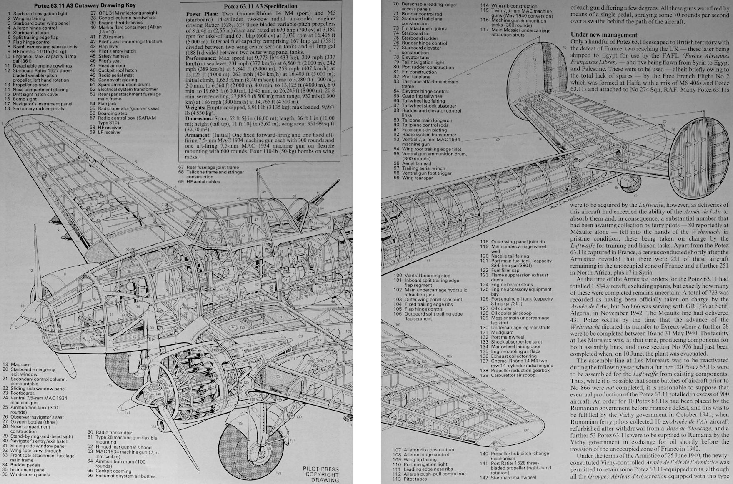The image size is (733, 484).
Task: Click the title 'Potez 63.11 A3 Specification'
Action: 260,6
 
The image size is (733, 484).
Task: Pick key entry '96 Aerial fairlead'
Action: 412,163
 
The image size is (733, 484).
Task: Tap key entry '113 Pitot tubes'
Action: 411,479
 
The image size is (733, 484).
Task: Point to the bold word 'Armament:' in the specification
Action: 198,135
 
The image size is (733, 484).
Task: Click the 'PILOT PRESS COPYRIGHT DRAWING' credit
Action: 321,474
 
